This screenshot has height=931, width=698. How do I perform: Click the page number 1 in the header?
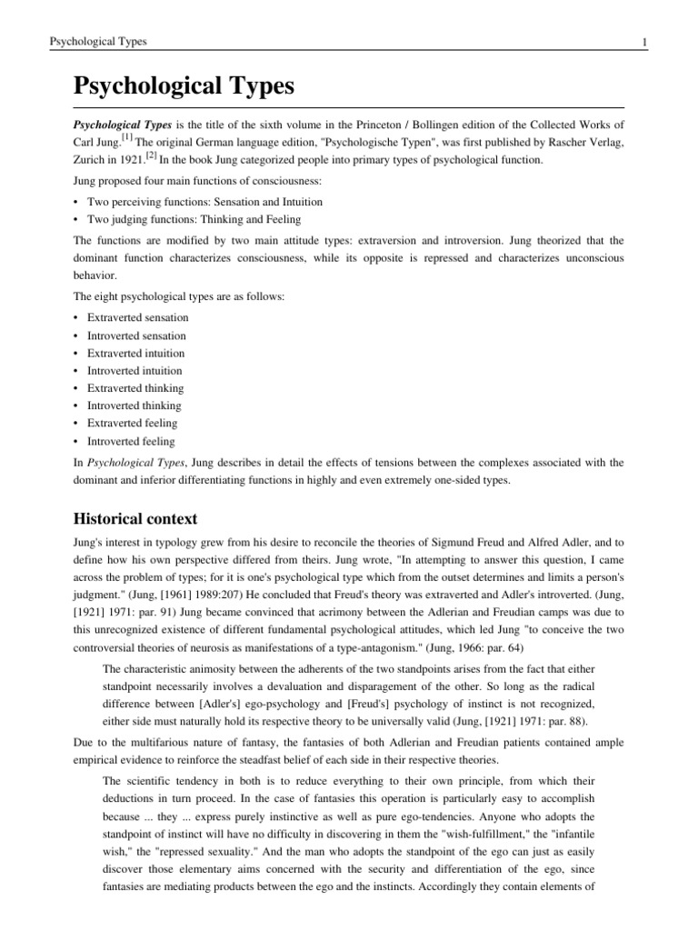pyautogui.click(x=619, y=42)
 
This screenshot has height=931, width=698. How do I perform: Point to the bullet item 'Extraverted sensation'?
pyautogui.click(x=137, y=318)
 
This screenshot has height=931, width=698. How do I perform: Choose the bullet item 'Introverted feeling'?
pyautogui.click(x=131, y=441)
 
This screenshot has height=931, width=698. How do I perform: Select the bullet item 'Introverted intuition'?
pyautogui.click(x=135, y=371)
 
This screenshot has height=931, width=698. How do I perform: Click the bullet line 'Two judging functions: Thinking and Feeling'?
pyautogui.click(x=194, y=219)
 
